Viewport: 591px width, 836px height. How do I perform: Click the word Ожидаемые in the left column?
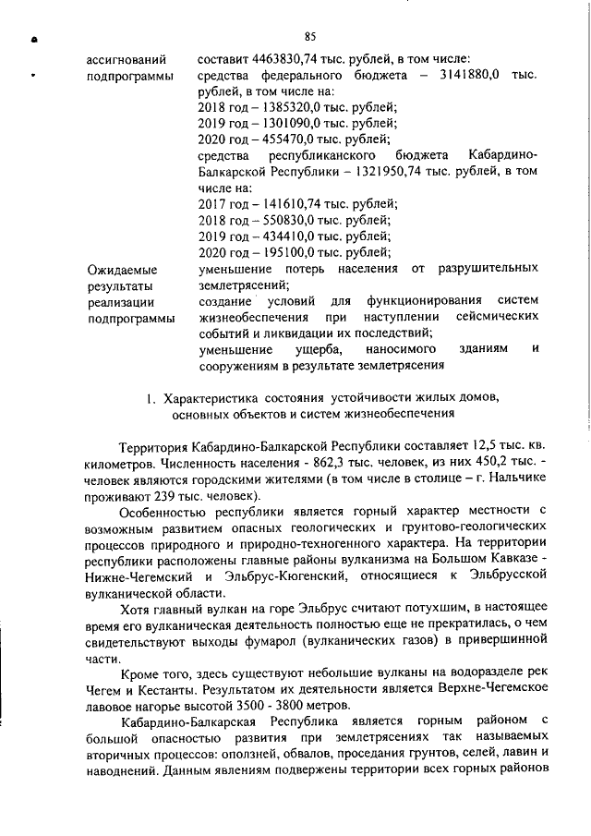click(121, 271)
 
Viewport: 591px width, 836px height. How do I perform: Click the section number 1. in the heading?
click(151, 398)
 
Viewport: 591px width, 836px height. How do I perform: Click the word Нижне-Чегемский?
click(139, 575)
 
